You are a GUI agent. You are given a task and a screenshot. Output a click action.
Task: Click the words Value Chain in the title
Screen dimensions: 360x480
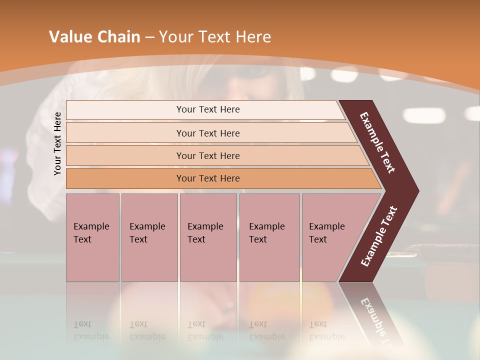tap(94, 37)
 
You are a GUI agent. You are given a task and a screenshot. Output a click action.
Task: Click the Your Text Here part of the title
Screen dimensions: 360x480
tap(215, 37)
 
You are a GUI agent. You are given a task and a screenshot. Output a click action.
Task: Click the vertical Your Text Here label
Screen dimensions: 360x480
tap(57, 143)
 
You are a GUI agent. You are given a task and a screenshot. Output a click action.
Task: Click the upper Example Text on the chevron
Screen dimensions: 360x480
tap(377, 142)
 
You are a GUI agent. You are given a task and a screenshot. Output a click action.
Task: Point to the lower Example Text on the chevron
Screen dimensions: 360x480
tap(379, 236)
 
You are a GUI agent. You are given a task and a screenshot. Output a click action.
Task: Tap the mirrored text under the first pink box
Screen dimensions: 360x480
tap(91, 331)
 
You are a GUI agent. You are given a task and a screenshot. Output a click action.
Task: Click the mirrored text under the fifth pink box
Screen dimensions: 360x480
tap(327, 331)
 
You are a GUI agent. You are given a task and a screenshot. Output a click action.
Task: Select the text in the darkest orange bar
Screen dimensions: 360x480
tap(208, 178)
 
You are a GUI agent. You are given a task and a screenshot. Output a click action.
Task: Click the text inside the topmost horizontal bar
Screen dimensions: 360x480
tap(208, 109)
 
